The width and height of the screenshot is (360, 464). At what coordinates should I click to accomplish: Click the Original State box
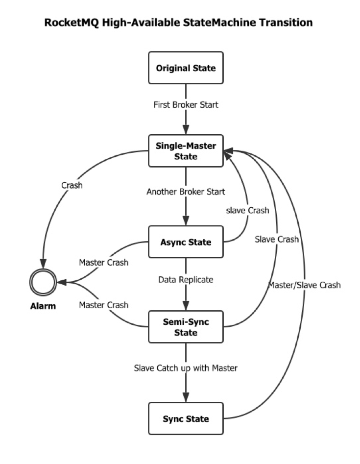186,68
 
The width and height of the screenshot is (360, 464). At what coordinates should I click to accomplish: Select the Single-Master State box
186,151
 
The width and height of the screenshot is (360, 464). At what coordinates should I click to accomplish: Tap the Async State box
186,242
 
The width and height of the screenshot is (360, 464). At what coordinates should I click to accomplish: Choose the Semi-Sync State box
186,327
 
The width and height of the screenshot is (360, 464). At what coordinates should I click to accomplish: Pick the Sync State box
186,419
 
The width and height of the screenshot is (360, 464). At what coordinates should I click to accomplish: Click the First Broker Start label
186,104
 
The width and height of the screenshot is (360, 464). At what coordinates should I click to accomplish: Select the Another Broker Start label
186,192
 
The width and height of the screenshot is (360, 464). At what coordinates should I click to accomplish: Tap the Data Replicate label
186,279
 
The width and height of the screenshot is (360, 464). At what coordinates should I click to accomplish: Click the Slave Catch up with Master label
186,367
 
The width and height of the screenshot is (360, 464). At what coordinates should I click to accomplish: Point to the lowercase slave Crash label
247,210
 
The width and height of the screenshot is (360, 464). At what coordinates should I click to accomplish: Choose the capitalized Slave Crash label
277,239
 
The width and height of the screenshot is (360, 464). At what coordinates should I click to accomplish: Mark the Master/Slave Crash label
304,285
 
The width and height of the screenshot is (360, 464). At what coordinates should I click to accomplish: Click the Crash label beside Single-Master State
72,186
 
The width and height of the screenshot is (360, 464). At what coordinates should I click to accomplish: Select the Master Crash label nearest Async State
104,263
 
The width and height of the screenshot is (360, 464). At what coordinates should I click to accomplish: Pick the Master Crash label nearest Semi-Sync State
104,305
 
